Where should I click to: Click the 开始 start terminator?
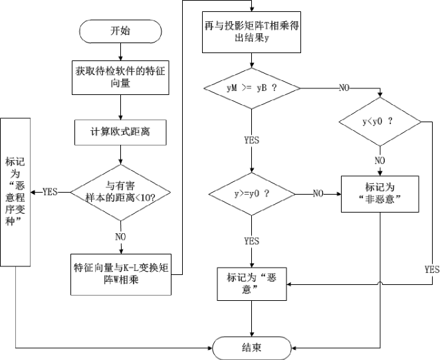(x=120, y=31)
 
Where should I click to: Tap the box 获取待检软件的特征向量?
(x=120, y=78)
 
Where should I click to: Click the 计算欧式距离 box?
(x=120, y=132)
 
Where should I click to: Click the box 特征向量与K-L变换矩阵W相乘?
(x=120, y=274)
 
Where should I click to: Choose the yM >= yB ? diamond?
(x=251, y=88)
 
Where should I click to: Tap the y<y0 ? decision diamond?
(x=380, y=122)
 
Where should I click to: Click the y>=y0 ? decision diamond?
(x=251, y=193)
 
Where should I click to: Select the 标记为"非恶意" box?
(x=380, y=193)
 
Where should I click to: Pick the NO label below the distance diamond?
(x=121, y=235)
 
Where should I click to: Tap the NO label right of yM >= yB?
(x=345, y=88)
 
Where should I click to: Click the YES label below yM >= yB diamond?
(x=251, y=140)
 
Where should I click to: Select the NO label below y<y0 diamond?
(x=380, y=160)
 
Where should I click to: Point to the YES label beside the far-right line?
(x=431, y=270)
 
